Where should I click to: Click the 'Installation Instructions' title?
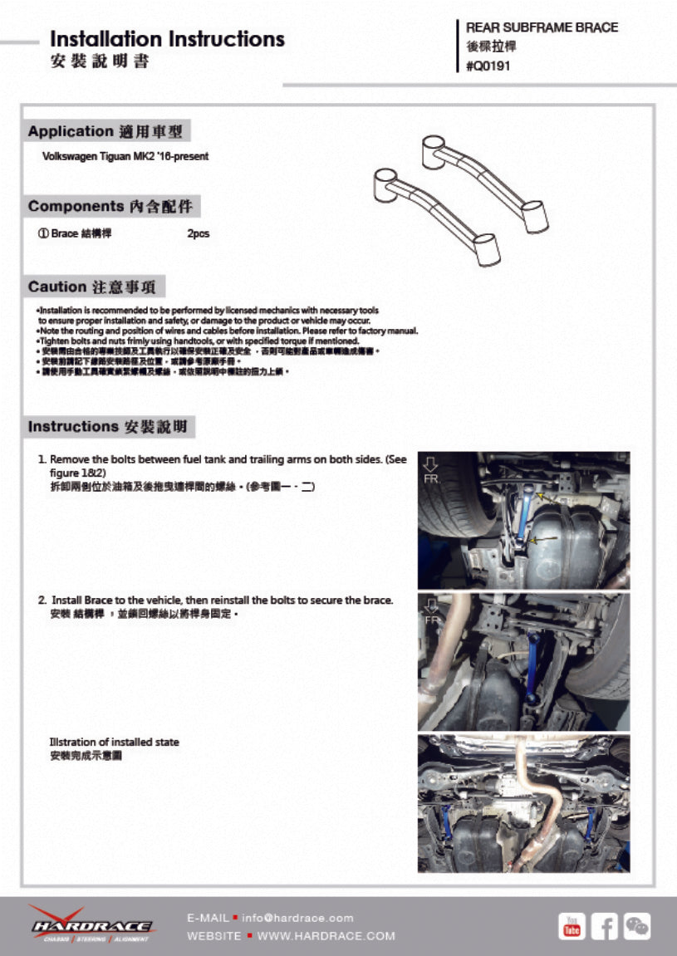tap(167, 39)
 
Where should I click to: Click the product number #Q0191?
tap(488, 66)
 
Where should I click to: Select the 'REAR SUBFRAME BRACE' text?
tap(542, 27)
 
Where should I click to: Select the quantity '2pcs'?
tap(199, 234)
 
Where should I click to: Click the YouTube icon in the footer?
tap(572, 926)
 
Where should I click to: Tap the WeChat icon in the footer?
tap(637, 926)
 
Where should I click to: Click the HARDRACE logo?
tap(91, 924)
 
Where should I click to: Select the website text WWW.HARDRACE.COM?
tap(326, 936)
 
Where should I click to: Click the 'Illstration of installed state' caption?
tap(114, 742)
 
